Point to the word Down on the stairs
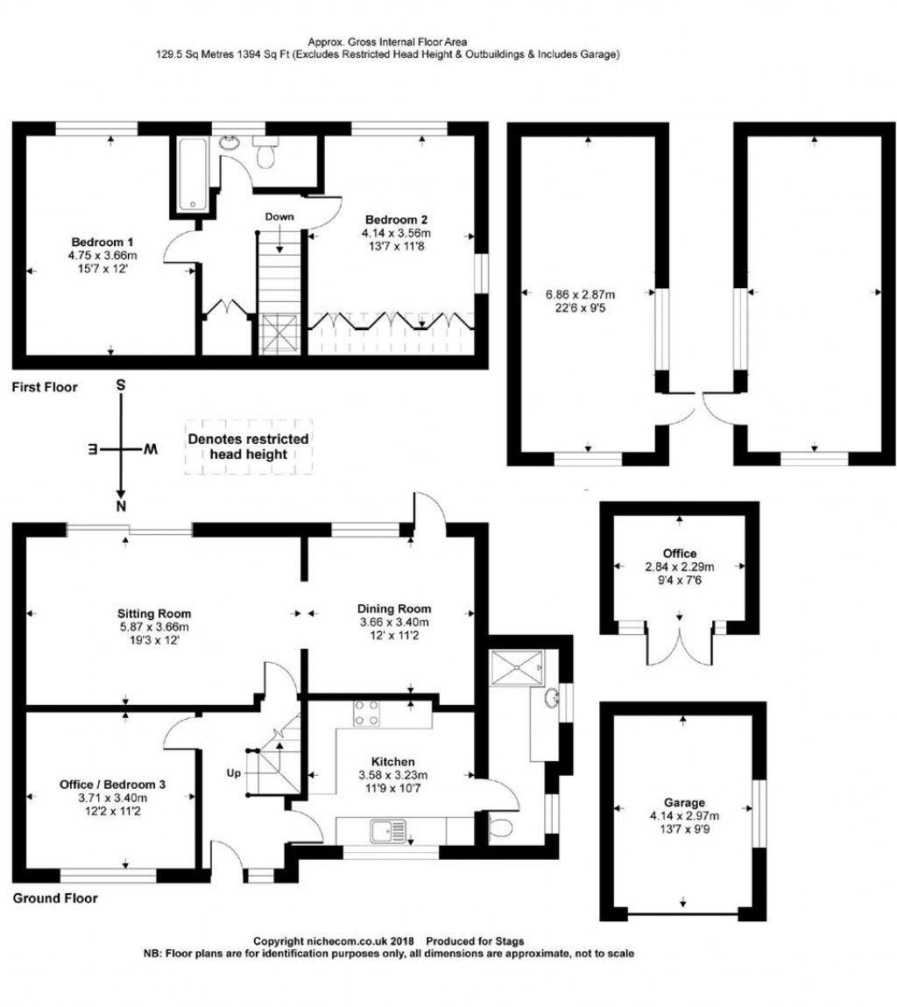280,216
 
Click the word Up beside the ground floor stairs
235,773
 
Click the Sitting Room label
154,613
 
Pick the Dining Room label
393,609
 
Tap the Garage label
683,802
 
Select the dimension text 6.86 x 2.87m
580,294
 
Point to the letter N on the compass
122,506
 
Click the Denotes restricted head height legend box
248,447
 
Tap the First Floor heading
45,386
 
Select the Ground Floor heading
55,898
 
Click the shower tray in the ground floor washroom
517,666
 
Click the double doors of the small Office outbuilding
679,644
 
